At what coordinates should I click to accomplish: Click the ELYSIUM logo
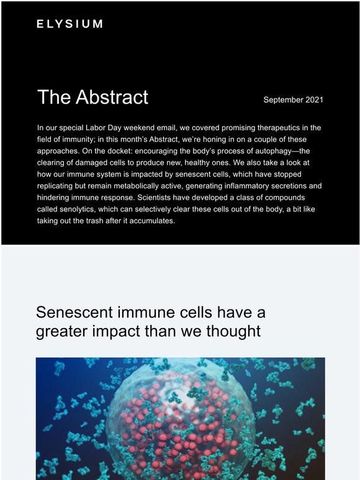click(70, 24)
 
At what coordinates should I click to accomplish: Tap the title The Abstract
click(92, 97)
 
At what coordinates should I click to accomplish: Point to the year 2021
click(314, 100)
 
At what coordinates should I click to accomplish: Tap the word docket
click(120, 151)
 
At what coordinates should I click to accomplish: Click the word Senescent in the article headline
click(74, 312)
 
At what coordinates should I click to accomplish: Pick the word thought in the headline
click(233, 331)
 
